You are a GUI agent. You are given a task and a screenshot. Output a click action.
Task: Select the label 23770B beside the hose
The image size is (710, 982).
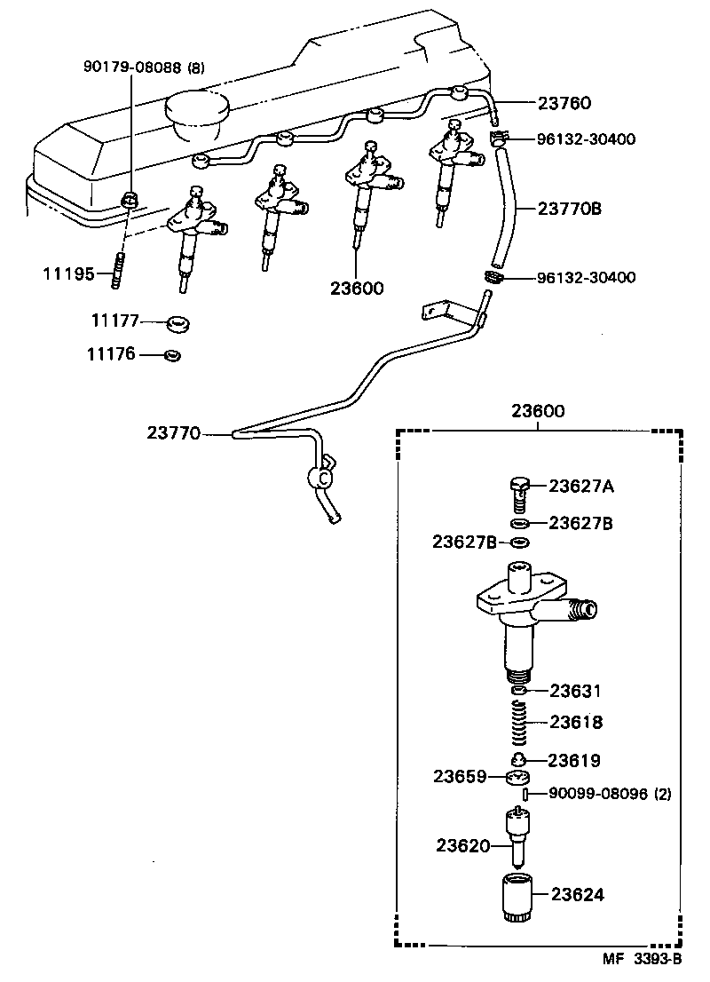coord(569,210)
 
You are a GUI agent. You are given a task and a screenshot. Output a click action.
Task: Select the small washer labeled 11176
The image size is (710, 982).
coord(173,355)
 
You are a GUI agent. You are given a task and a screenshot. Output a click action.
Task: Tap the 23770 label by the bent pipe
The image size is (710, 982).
coord(174,433)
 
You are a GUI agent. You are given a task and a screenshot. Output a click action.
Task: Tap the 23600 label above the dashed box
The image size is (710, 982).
coord(538,412)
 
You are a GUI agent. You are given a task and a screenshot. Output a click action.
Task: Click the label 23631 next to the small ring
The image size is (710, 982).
coord(575,691)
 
